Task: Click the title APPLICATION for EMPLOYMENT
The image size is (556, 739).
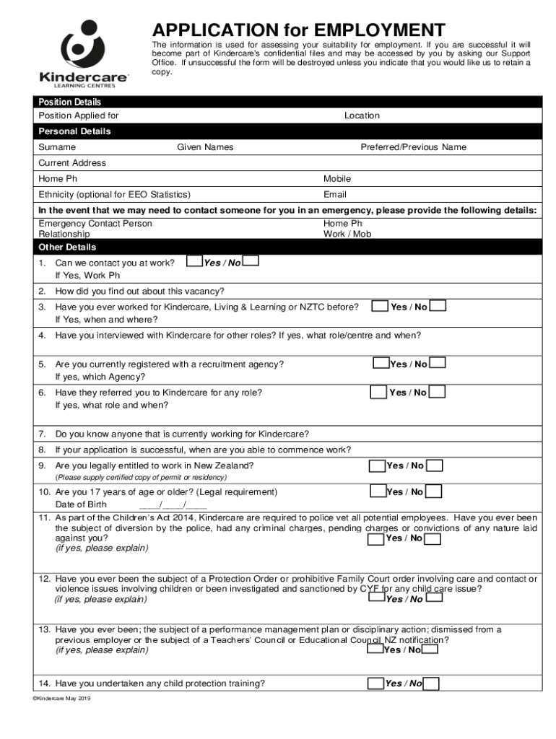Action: click(x=297, y=30)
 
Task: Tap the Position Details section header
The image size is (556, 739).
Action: click(x=70, y=102)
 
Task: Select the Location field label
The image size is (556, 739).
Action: click(x=362, y=115)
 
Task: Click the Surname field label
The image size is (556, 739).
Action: click(x=57, y=147)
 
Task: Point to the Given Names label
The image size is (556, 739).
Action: click(x=206, y=147)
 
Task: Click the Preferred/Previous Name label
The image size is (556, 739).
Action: click(x=414, y=147)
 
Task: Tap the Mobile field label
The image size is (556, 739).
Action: click(x=337, y=178)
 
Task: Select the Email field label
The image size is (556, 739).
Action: click(x=335, y=194)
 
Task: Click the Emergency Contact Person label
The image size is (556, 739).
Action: click(x=95, y=224)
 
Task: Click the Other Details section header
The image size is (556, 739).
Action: click(x=67, y=247)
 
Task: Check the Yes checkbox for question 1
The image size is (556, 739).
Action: click(x=194, y=261)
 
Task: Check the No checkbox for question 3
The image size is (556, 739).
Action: click(x=438, y=306)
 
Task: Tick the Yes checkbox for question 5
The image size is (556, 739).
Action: click(x=381, y=363)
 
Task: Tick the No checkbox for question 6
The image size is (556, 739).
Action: click(x=437, y=392)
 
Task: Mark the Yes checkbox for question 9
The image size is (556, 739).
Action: click(x=377, y=465)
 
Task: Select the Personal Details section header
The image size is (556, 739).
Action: click(x=74, y=131)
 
